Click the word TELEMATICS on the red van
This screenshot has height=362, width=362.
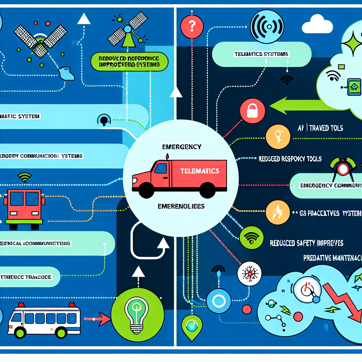(199, 171)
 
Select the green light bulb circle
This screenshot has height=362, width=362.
(138, 312)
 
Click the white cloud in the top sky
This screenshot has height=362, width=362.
(317, 25)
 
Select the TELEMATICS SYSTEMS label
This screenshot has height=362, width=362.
(261, 54)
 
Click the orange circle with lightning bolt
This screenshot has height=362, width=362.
(278, 213)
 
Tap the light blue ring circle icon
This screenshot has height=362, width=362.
(218, 301)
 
